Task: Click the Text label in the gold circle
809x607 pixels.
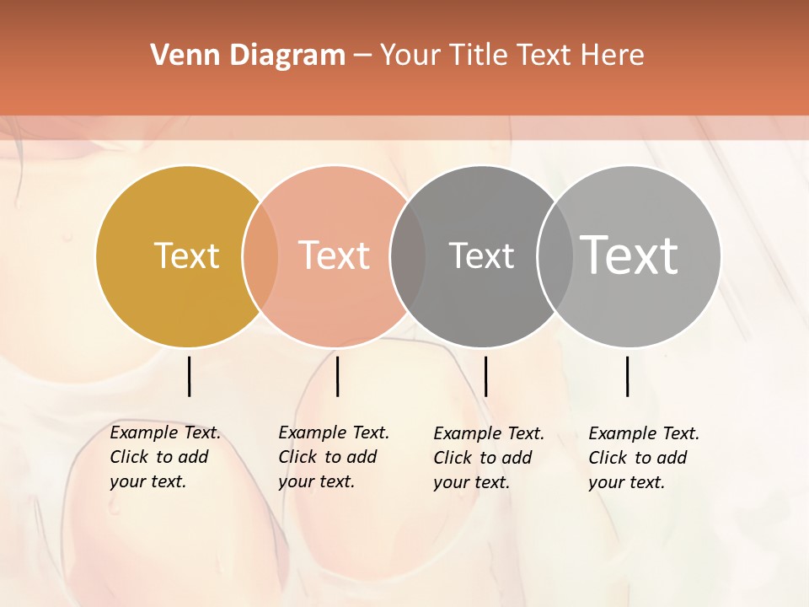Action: [186, 255]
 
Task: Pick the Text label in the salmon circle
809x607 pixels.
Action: [335, 255]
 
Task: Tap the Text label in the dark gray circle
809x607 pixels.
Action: [481, 255]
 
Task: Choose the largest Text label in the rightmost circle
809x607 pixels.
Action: [630, 255]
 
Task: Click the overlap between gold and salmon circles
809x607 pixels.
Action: [260, 255]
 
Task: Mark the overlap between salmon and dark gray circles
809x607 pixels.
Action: [407, 255]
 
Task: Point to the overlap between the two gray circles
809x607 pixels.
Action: [555, 255]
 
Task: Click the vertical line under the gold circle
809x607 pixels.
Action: [189, 376]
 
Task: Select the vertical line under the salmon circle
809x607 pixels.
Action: [337, 376]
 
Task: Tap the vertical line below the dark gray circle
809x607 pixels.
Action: [485, 376]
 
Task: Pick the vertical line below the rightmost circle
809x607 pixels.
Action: [627, 376]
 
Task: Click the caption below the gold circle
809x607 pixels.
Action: [164, 457]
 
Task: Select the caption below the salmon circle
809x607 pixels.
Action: [333, 457]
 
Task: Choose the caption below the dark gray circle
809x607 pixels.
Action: [488, 458]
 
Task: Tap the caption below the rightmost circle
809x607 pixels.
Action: [643, 458]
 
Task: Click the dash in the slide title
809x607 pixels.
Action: [362, 56]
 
